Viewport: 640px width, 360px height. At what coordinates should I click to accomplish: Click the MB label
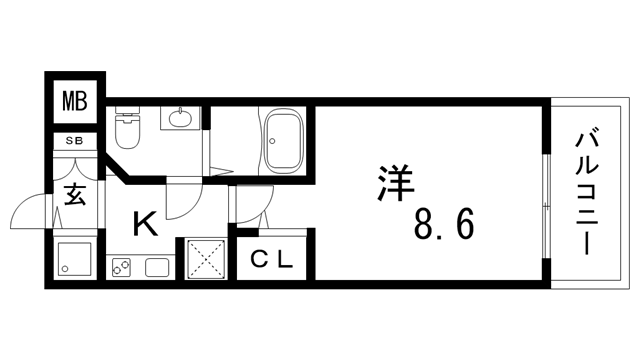76,102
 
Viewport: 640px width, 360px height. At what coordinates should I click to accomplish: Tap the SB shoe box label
75,141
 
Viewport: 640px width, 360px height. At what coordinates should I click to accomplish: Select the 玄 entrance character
75,192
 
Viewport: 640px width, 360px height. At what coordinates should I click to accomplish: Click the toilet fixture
128,128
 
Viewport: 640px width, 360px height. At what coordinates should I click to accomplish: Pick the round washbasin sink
181,119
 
